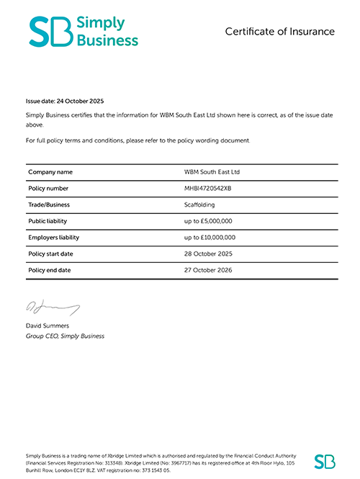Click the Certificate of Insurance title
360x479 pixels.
(279, 32)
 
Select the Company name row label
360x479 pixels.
(50, 172)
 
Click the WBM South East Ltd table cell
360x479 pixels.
(212, 172)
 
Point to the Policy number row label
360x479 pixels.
(49, 189)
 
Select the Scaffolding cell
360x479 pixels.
(204, 205)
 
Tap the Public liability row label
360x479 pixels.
(48, 221)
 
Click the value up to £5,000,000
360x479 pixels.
(214, 221)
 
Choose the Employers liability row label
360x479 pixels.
(54, 237)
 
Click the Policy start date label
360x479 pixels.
(51, 254)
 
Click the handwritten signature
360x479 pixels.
(52, 308)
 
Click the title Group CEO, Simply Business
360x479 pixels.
(65, 336)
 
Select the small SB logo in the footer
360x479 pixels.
(325, 461)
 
